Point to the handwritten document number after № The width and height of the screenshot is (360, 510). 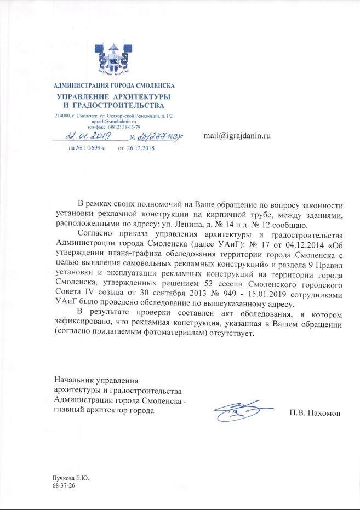point(161,136)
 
